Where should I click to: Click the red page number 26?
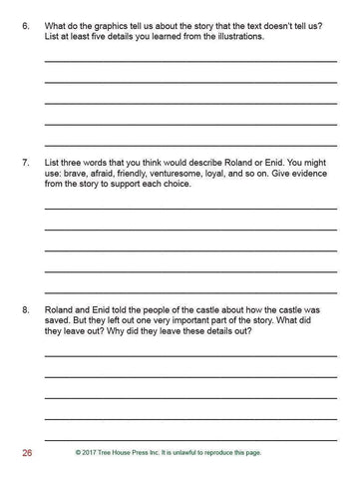[x=27, y=453]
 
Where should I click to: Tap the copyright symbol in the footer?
[x=78, y=453]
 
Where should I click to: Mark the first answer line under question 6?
[x=189, y=60]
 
